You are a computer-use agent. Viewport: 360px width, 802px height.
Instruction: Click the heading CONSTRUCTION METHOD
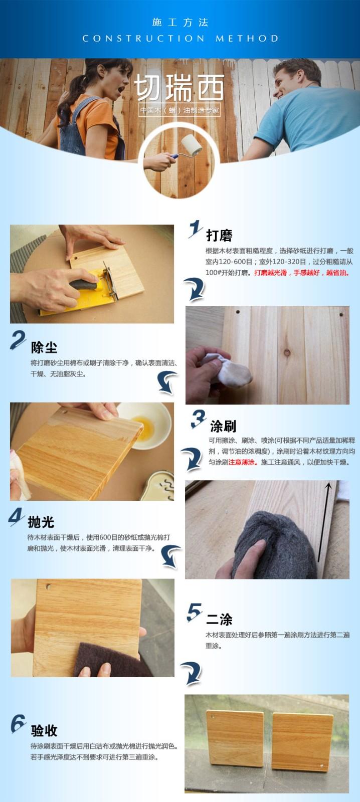[180, 38]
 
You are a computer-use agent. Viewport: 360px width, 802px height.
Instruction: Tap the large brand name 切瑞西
[179, 88]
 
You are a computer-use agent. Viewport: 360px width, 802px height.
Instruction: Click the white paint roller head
[191, 145]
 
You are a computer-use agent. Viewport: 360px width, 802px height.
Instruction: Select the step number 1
[195, 229]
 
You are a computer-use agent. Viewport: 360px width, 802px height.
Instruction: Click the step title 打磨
[219, 236]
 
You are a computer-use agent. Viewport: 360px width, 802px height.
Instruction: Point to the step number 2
[18, 340]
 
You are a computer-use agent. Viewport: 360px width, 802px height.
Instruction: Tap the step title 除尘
[44, 347]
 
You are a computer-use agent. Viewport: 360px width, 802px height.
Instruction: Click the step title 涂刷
[223, 426]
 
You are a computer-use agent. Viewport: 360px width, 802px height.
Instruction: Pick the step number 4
[16, 517]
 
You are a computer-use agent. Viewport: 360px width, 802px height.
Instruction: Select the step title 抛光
[41, 522]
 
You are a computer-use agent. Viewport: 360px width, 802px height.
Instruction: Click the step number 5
[194, 612]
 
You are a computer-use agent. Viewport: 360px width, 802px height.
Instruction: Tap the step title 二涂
[219, 619]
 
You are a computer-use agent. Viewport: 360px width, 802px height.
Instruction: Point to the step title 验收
[44, 730]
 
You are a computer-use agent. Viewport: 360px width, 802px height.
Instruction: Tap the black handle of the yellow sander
[83, 285]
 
